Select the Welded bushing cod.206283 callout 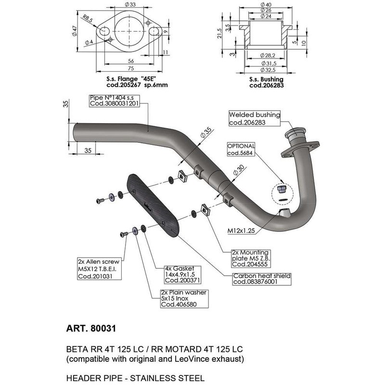tap(254, 119)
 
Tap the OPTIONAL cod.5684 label tap(241, 149)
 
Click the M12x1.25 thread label tap(240, 230)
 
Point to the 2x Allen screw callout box tap(98, 267)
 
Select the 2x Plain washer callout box tap(183, 298)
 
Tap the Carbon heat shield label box tap(261, 279)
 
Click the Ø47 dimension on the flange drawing tap(75, 31)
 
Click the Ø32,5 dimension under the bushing tap(266, 69)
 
